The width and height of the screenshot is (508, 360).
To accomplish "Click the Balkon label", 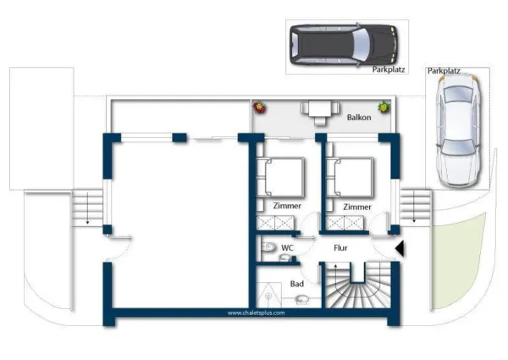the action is coord(359,117).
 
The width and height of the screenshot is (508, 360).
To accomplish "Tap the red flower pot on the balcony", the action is coord(259,107).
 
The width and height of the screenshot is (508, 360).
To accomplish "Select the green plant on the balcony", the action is coord(384,107).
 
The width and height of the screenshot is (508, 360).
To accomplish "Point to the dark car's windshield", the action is coord(362,45).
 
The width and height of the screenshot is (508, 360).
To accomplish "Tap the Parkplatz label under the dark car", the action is coord(389,69).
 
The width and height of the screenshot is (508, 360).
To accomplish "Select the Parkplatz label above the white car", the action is coord(444,70).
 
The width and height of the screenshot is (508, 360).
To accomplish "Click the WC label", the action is coord(287,248).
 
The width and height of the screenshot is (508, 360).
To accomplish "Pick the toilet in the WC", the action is coord(268,246).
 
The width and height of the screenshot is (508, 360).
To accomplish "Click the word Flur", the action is coord(340,248).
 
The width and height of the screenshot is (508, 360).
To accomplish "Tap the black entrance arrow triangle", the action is coord(400,248).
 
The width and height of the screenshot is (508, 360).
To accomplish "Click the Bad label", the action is coord(297,284).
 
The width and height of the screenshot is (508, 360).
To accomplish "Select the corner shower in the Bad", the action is coord(268,295).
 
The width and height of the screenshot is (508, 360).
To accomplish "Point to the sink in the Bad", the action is coord(302,299).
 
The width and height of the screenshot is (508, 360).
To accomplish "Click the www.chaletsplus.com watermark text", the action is coord(256,313).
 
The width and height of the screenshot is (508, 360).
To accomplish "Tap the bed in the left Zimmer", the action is coord(280,178).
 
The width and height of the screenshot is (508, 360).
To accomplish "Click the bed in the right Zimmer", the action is coord(350,178).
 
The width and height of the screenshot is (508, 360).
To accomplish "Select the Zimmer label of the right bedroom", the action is coord(357,207).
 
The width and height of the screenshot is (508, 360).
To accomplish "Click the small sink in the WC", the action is coord(285,258).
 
